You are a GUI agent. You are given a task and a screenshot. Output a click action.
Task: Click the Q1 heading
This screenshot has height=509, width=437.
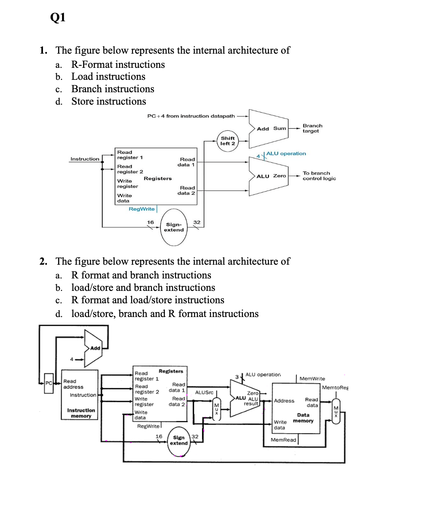click(59, 18)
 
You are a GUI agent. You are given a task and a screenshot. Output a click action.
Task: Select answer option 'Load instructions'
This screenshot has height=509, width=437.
click(108, 77)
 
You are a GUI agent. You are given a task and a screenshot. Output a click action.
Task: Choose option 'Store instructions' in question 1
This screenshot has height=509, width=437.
click(109, 102)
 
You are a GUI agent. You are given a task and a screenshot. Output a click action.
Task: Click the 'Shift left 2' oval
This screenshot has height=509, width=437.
click(228, 141)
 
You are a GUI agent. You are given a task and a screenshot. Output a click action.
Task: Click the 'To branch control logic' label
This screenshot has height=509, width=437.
click(319, 176)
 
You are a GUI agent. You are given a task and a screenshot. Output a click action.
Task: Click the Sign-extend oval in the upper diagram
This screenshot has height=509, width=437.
click(174, 227)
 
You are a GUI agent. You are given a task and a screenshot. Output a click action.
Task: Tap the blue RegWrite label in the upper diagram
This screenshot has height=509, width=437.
click(141, 209)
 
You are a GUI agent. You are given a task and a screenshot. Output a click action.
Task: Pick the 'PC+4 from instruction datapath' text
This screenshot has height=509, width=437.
click(191, 116)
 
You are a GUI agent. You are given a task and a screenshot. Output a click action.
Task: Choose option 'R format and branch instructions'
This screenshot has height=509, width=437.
click(141, 275)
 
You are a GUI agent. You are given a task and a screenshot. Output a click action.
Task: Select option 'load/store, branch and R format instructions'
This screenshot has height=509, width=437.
click(165, 314)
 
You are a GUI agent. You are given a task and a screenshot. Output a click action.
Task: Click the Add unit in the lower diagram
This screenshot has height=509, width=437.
click(94, 348)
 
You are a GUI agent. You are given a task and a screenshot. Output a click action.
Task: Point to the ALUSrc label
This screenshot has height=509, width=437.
click(204, 392)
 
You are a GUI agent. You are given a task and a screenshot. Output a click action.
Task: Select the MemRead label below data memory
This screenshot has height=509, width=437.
click(283, 440)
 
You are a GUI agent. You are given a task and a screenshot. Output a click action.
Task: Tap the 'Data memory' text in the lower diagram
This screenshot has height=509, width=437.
click(304, 418)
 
